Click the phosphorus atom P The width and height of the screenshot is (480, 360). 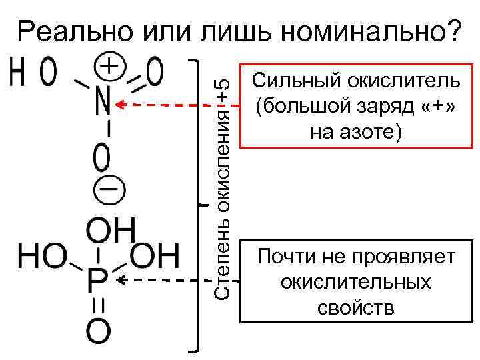(x=97, y=283)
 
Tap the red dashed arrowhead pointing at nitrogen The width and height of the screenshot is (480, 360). (x=122, y=105)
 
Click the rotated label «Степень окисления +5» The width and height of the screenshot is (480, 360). (x=225, y=187)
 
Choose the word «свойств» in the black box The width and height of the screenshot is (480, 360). (x=355, y=308)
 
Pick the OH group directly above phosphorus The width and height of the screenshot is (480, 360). (x=111, y=230)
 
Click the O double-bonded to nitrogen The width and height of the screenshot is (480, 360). (x=154, y=73)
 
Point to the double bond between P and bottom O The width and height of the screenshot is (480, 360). (x=97, y=308)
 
